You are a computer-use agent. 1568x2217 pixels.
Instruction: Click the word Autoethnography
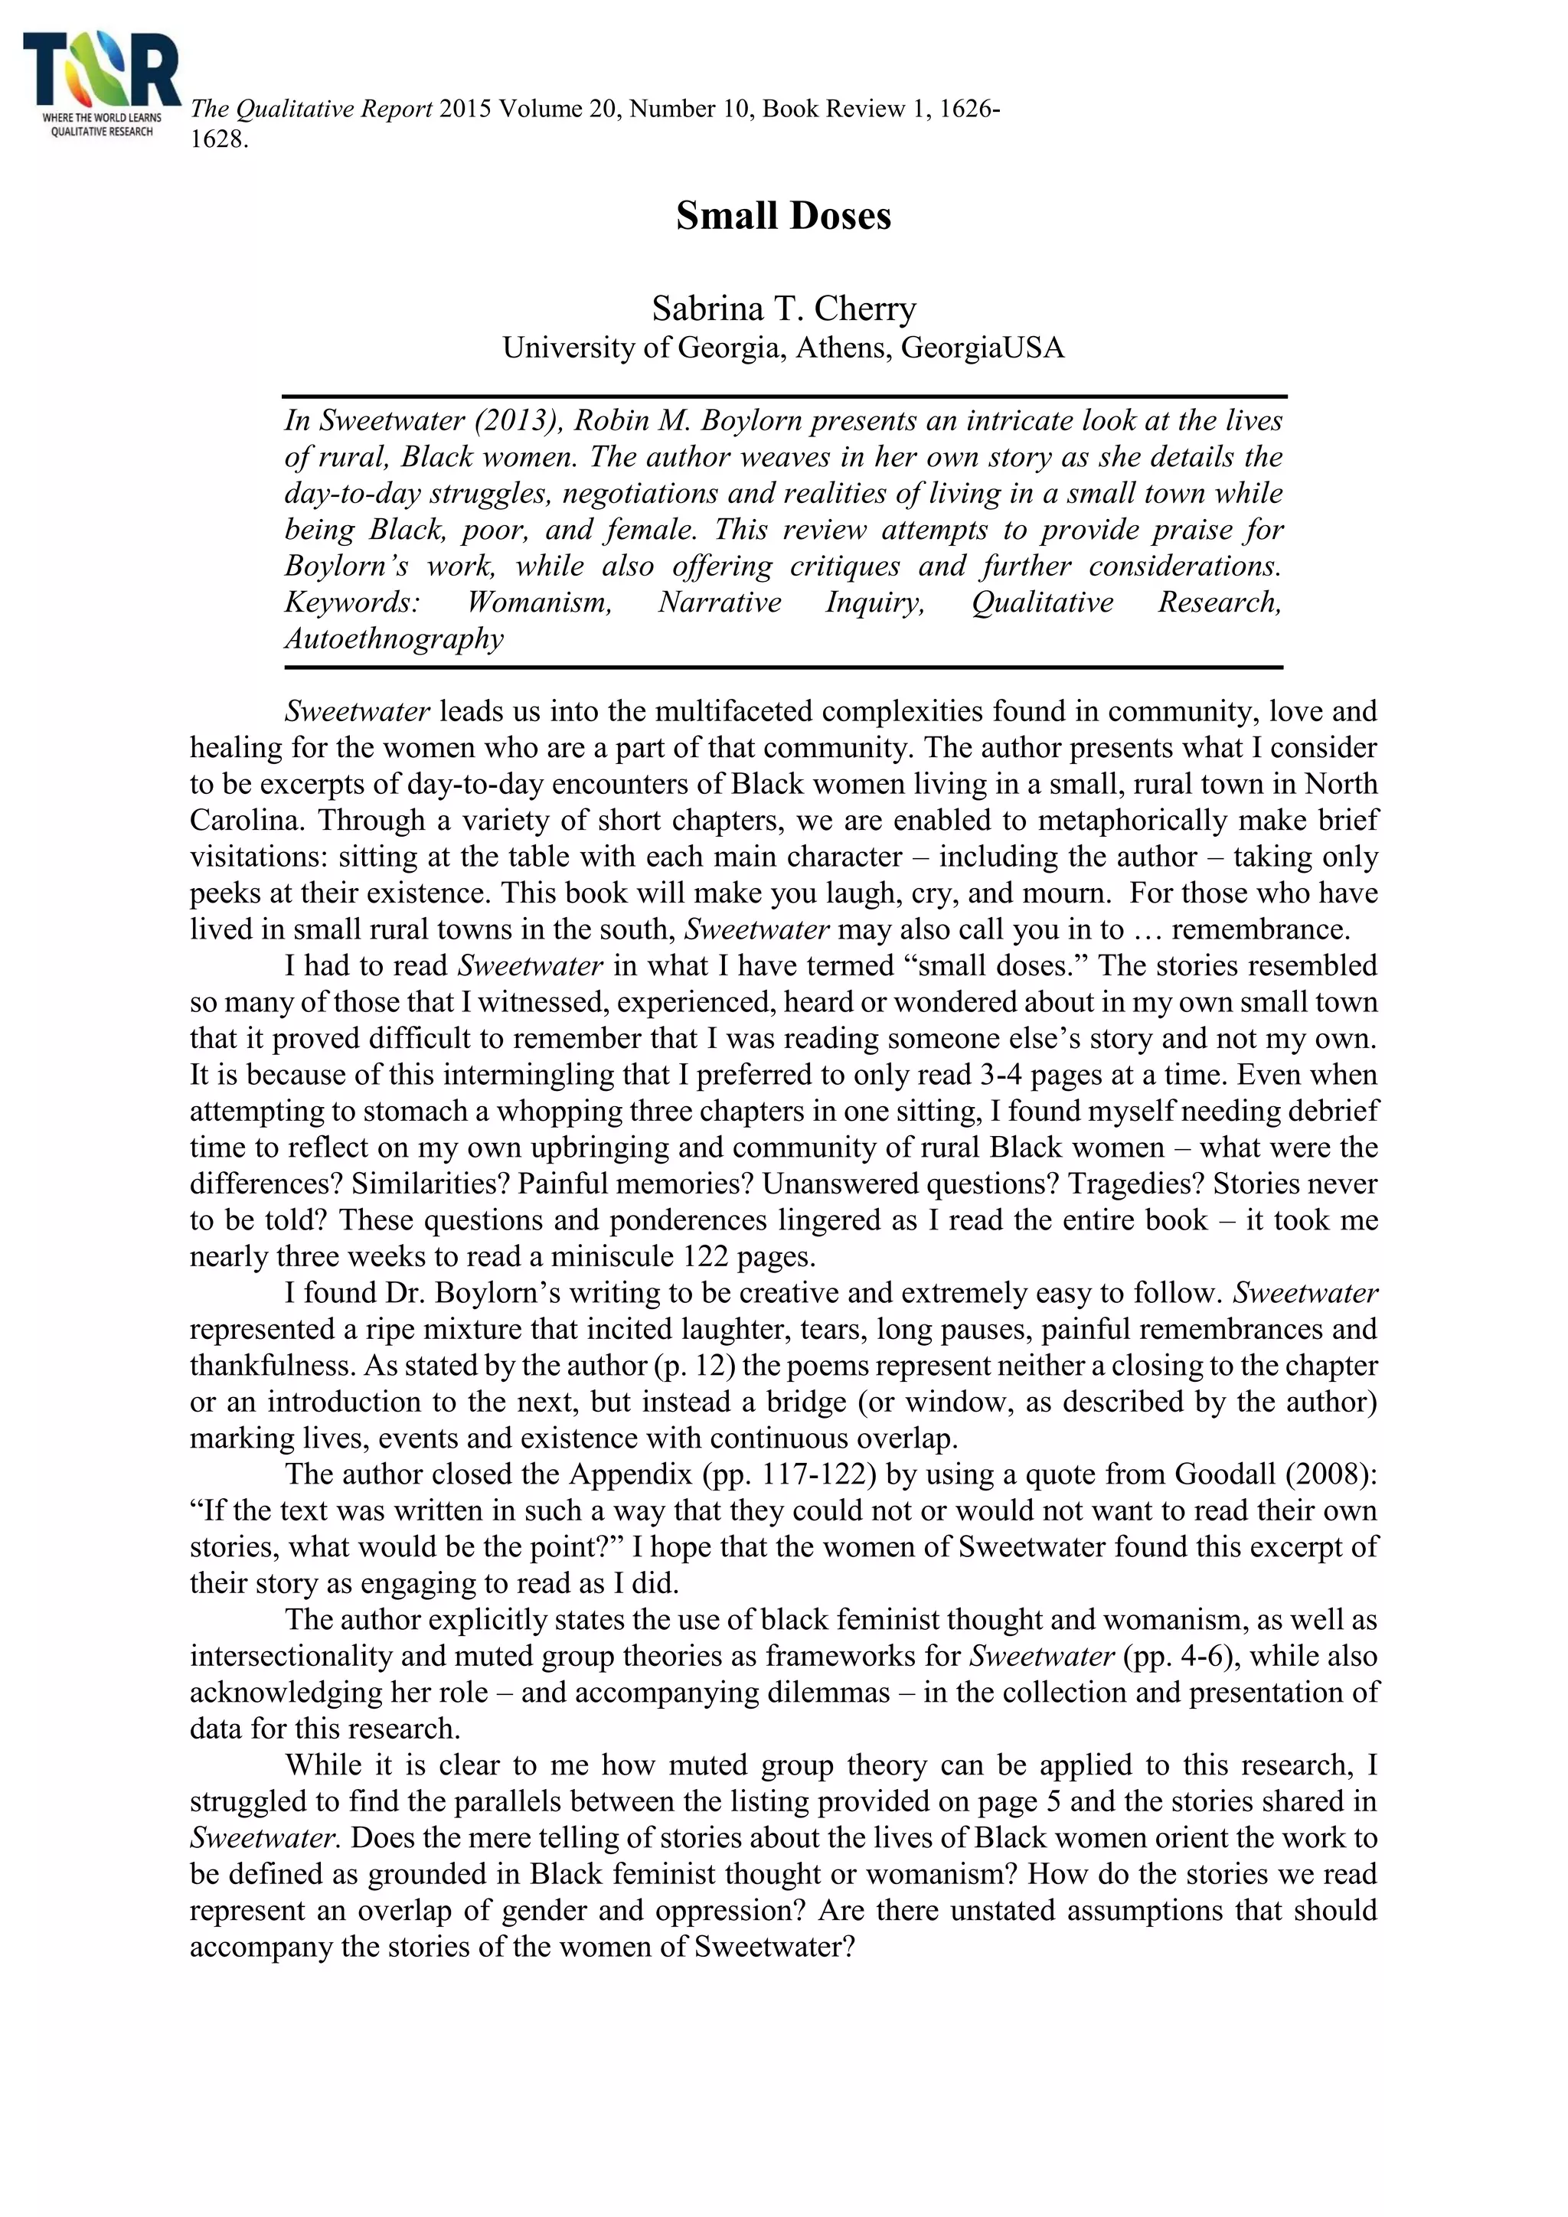tap(394, 639)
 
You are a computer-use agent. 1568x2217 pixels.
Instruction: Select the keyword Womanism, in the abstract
tap(539, 602)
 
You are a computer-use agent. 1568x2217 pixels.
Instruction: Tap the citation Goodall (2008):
tap(1276, 1474)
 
